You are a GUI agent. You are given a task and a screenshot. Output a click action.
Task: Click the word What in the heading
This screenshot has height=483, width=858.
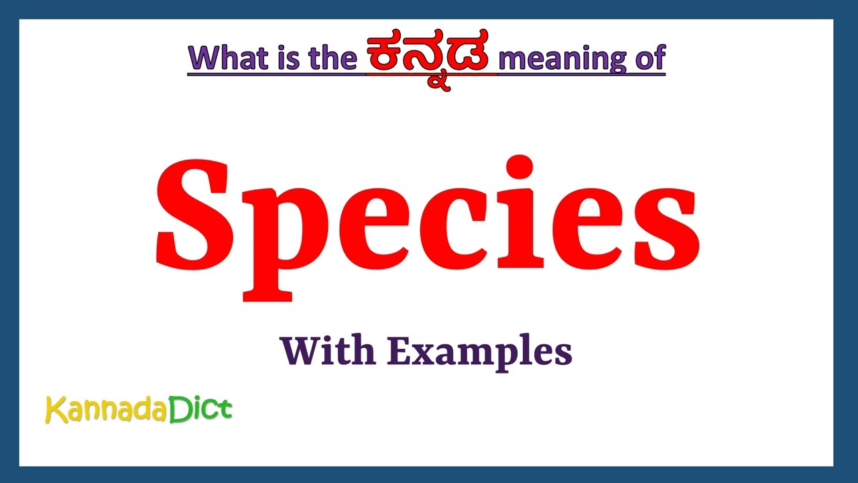click(x=227, y=58)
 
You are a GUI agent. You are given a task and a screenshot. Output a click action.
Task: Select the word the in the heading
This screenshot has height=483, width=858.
click(x=332, y=58)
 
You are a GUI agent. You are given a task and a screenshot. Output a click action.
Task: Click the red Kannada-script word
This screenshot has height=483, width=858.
click(x=429, y=59)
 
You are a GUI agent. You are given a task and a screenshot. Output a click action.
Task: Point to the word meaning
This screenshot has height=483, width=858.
click(x=562, y=58)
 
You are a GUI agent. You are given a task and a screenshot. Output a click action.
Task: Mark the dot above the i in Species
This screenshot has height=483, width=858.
click(x=520, y=167)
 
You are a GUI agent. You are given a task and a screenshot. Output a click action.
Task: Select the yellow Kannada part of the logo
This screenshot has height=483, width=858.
click(x=106, y=410)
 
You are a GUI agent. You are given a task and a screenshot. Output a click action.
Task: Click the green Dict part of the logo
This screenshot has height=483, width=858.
click(x=200, y=409)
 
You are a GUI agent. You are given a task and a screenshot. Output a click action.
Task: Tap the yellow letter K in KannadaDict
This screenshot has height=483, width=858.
click(x=54, y=409)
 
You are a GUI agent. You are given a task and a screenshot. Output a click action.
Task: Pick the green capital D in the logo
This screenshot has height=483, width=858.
click(x=180, y=409)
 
